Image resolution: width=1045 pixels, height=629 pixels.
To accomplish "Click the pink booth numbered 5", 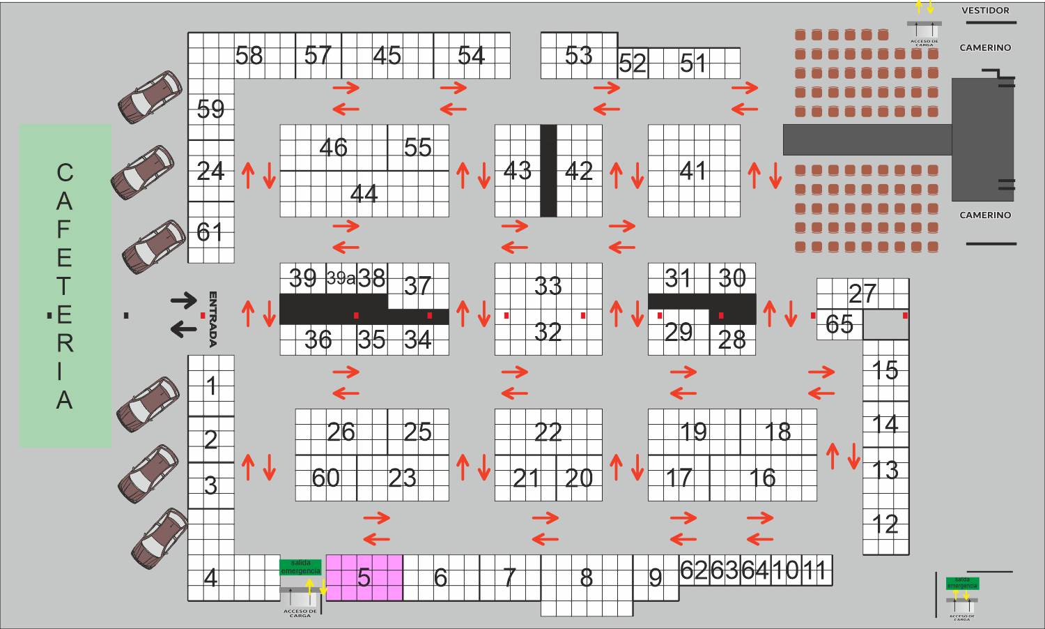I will click(x=364, y=577).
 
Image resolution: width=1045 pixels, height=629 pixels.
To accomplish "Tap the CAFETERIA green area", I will click(x=65, y=286).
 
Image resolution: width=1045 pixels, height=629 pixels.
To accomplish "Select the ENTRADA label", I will click(x=213, y=319).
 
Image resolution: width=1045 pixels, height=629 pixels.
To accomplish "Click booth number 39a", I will click(x=341, y=278).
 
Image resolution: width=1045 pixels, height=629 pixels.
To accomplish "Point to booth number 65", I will click(x=839, y=324).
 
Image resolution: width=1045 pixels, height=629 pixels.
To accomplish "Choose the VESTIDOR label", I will click(x=985, y=10).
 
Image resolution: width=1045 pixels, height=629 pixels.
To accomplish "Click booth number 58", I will click(x=249, y=55).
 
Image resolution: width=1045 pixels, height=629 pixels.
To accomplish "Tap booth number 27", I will click(x=862, y=294).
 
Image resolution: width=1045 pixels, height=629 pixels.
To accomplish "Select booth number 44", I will click(x=364, y=193).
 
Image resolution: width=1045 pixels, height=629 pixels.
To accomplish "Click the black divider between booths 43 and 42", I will click(x=548, y=171).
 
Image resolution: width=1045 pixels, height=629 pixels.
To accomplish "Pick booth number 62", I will click(x=694, y=570).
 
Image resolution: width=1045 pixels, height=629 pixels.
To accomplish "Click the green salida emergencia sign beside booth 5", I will click(x=300, y=567).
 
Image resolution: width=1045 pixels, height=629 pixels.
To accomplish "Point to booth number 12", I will click(x=885, y=524).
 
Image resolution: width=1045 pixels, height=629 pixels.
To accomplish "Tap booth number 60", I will click(x=325, y=478).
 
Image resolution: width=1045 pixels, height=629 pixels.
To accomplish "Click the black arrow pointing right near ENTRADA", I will click(x=184, y=301).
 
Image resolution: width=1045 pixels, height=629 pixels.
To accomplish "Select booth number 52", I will click(x=633, y=64).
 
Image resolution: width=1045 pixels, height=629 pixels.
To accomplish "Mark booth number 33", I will click(x=548, y=286).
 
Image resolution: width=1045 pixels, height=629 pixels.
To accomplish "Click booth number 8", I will click(x=587, y=578).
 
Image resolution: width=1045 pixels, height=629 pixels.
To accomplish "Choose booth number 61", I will click(x=210, y=232).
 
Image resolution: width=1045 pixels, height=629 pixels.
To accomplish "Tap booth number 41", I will click(x=693, y=171).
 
